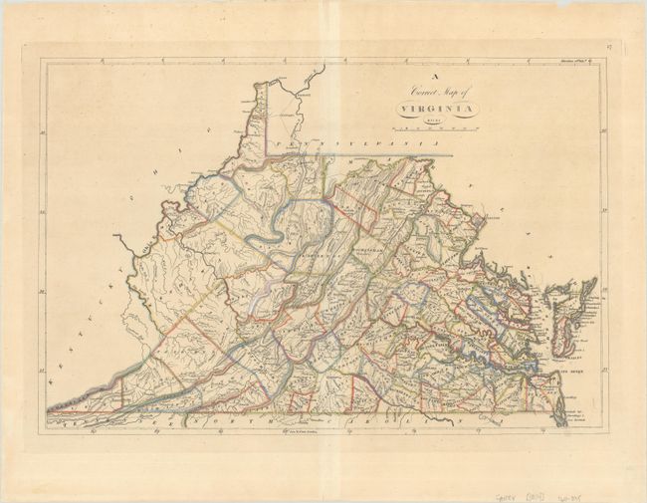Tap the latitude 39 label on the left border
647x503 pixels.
tap(42, 211)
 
